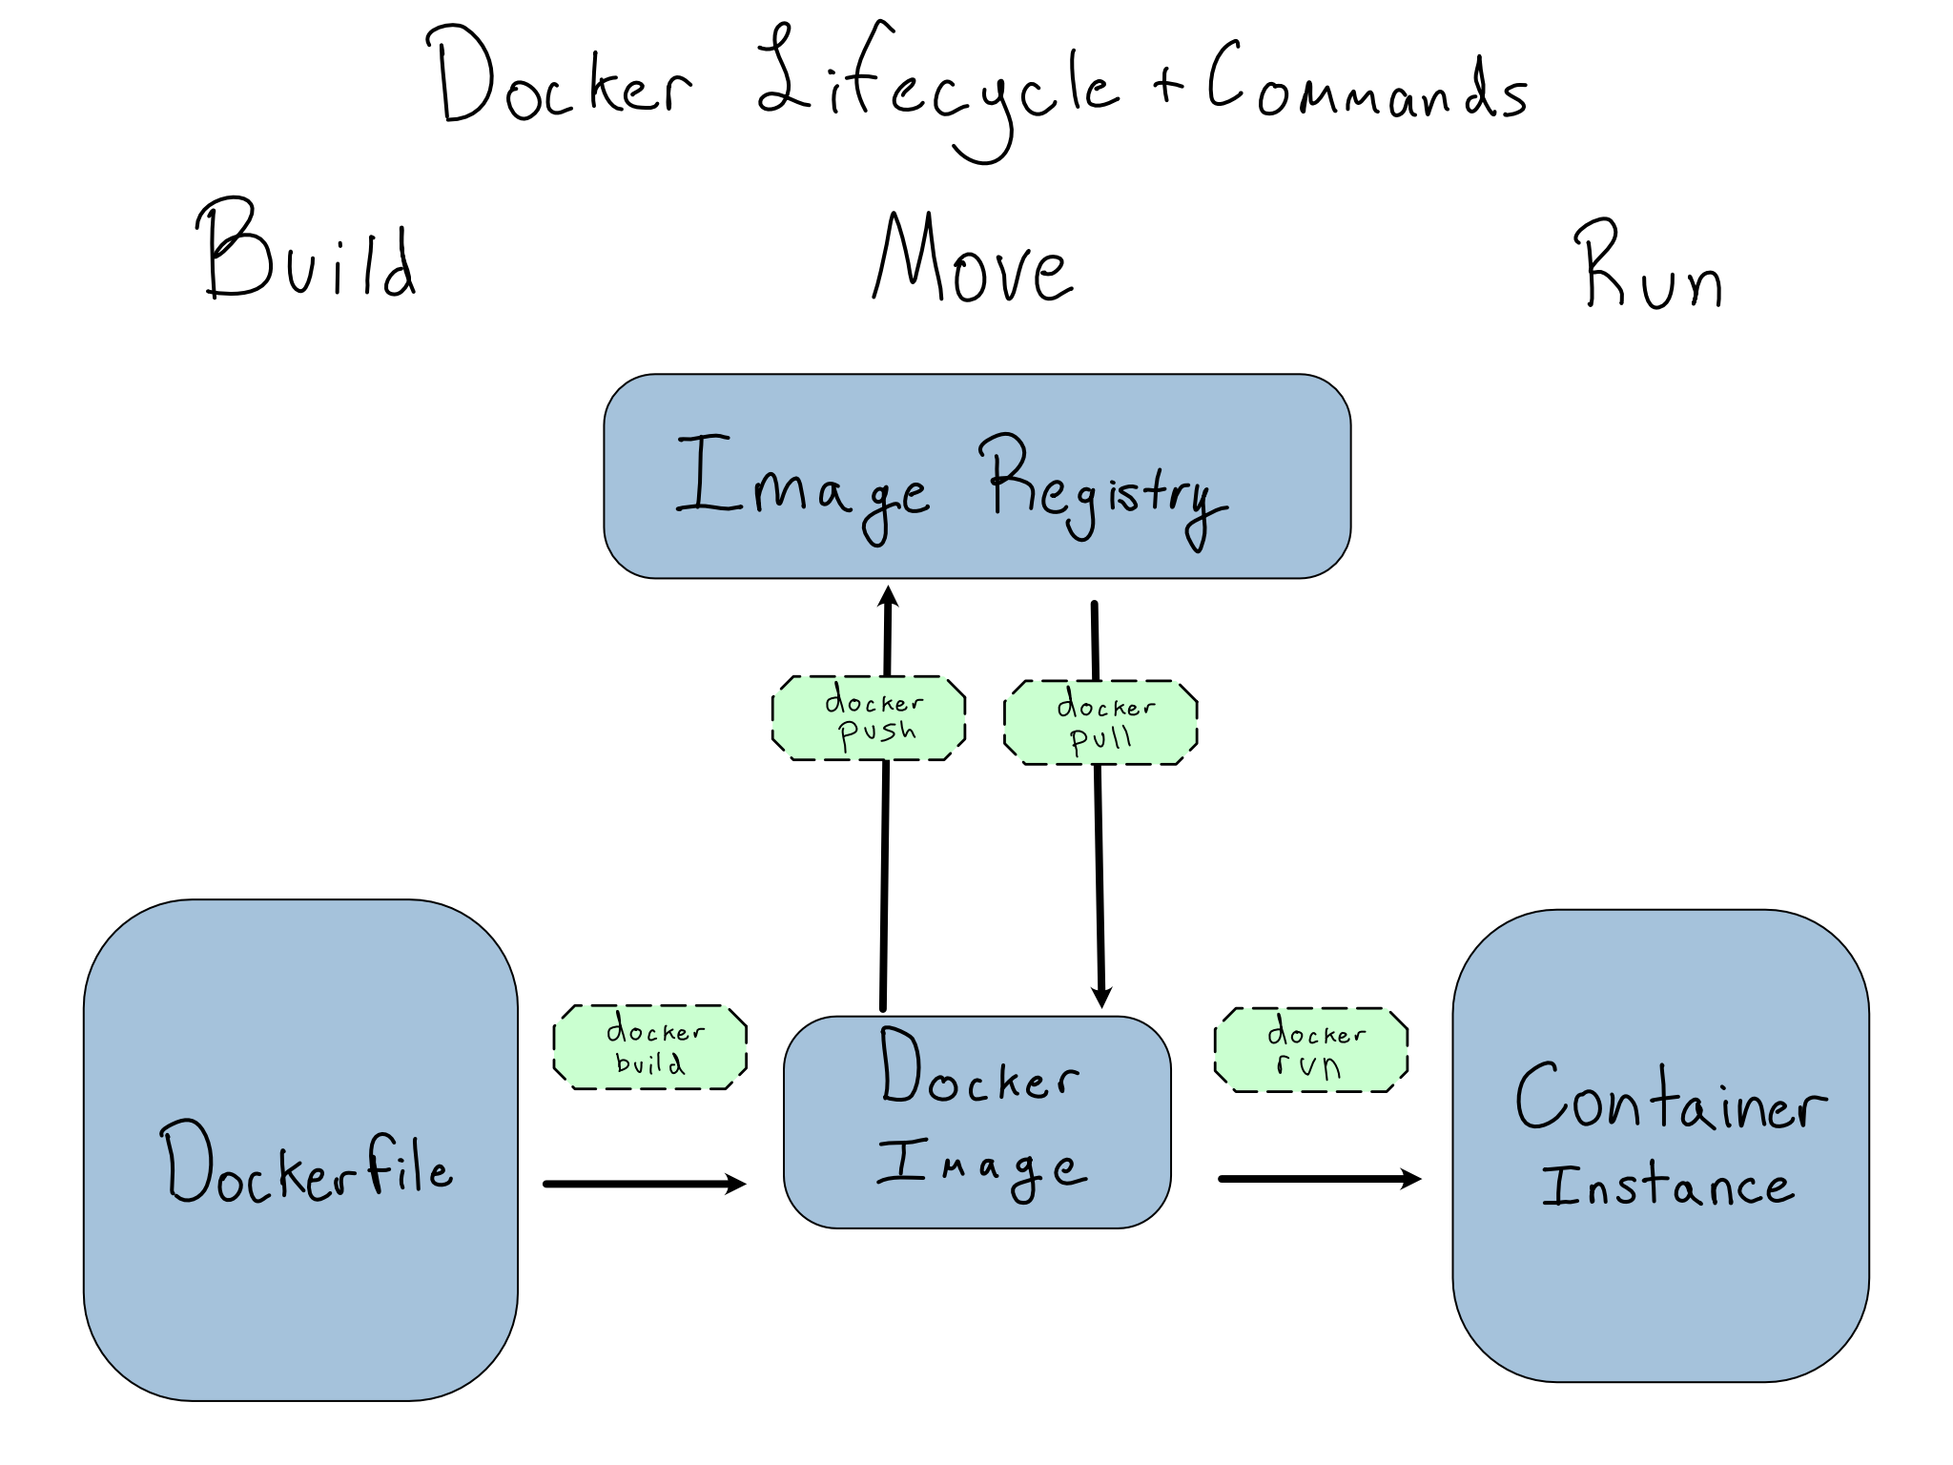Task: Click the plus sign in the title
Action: pyautogui.click(x=1167, y=86)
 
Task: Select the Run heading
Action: pyautogui.click(x=1648, y=267)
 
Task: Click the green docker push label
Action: pyautogui.click(x=869, y=718)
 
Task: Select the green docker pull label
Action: pyautogui.click(x=1100, y=723)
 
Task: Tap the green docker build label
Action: pyautogui.click(x=650, y=1047)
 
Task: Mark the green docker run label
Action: pyautogui.click(x=1311, y=1049)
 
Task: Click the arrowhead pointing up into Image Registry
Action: pyautogui.click(x=889, y=597)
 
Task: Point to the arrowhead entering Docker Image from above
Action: pyautogui.click(x=1101, y=998)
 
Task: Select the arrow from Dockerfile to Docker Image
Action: pyautogui.click(x=644, y=1185)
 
